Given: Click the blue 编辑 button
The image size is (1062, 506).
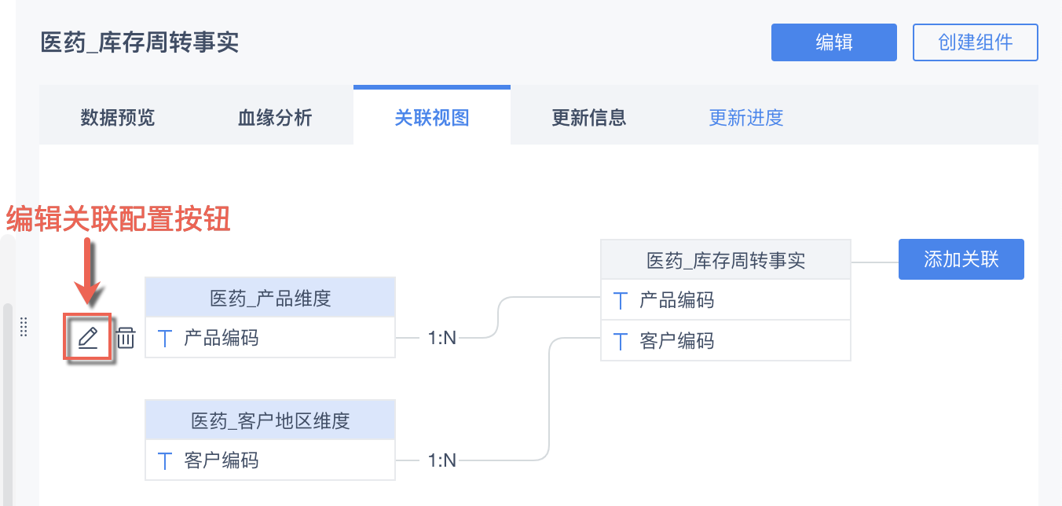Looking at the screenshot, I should (833, 42).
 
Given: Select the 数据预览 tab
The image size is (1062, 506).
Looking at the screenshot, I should (118, 118).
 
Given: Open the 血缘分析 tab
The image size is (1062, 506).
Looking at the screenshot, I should (275, 118).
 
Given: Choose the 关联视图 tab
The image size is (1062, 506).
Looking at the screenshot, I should (432, 118).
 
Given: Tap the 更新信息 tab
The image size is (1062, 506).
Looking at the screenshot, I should (589, 118).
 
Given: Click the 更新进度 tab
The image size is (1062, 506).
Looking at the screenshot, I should (746, 118).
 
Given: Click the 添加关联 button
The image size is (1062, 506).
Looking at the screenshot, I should (961, 259).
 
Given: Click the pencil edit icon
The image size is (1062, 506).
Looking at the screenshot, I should (87, 338).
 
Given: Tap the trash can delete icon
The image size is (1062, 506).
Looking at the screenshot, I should (126, 339).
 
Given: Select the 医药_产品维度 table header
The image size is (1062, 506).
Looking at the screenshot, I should (270, 298).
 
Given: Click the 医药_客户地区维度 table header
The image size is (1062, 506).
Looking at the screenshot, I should (270, 420).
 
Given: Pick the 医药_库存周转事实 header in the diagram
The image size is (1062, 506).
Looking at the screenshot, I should (725, 260).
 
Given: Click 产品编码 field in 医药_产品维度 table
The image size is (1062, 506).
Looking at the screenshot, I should (221, 339).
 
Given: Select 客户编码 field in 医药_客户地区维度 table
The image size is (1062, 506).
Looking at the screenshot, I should (221, 460).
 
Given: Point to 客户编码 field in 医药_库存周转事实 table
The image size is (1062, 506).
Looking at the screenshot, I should (676, 341).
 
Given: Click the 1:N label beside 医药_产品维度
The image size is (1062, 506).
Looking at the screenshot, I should (442, 338).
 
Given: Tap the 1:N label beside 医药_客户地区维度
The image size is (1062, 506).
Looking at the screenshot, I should (442, 460).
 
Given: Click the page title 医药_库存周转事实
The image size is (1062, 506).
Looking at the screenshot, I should (140, 42).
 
